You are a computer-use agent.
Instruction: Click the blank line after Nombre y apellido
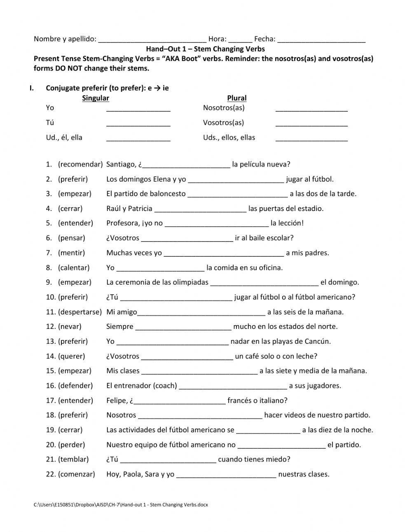152,40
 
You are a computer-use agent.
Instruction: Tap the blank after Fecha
321,40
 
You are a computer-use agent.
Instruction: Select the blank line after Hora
240,40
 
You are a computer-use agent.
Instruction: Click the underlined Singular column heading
96,98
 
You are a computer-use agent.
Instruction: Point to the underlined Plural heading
237,98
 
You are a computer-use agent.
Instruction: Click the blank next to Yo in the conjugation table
138,109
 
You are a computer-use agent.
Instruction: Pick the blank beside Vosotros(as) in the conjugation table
311,124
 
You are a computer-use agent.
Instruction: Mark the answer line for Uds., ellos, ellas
311,139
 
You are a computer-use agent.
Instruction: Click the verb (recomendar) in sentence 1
80,164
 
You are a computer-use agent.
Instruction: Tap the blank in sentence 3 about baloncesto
238,195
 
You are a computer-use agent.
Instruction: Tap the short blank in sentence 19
268,431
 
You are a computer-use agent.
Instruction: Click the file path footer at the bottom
121,505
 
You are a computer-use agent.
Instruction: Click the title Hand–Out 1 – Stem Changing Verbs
206,49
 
